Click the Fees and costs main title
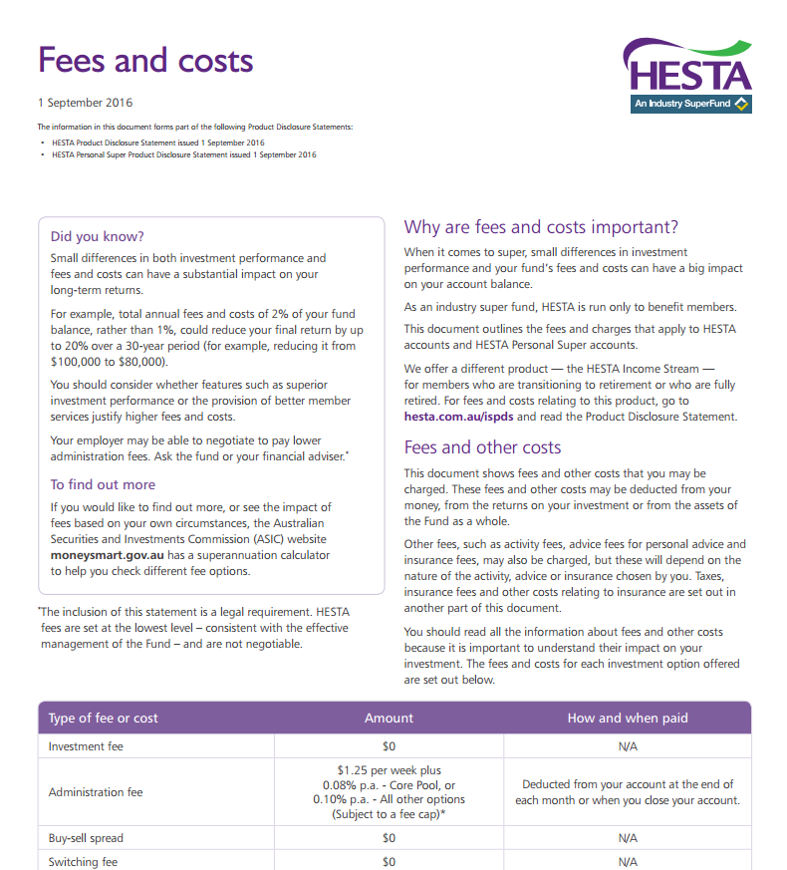tap(145, 61)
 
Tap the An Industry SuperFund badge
tap(689, 104)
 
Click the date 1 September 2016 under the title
tap(85, 103)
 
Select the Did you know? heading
tap(97, 236)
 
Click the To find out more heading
tap(103, 484)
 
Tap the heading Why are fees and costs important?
tap(541, 227)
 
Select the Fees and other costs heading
tap(482, 447)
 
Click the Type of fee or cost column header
tap(104, 718)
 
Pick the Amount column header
tap(389, 718)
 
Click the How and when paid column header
tap(628, 718)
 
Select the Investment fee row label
tap(86, 745)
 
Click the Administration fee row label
tap(96, 792)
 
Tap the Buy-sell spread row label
tap(86, 838)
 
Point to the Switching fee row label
tap(83, 862)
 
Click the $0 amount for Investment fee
tap(389, 745)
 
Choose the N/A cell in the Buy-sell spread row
tap(628, 838)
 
